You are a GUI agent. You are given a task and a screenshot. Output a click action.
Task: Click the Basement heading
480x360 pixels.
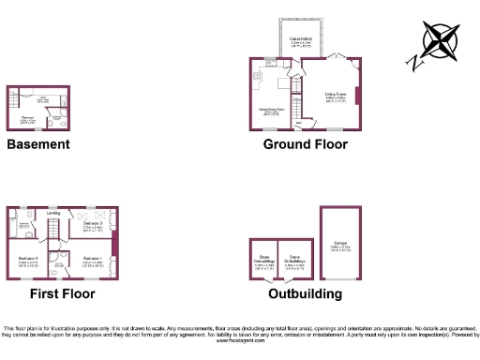point(37,144)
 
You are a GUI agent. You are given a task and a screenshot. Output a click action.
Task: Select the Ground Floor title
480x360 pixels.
point(305,144)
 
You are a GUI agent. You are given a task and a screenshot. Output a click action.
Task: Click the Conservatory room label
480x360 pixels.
point(302,39)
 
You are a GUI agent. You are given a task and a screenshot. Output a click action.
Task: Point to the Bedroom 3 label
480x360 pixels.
point(92,224)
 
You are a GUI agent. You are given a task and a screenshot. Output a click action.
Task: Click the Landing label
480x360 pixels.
point(54,213)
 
